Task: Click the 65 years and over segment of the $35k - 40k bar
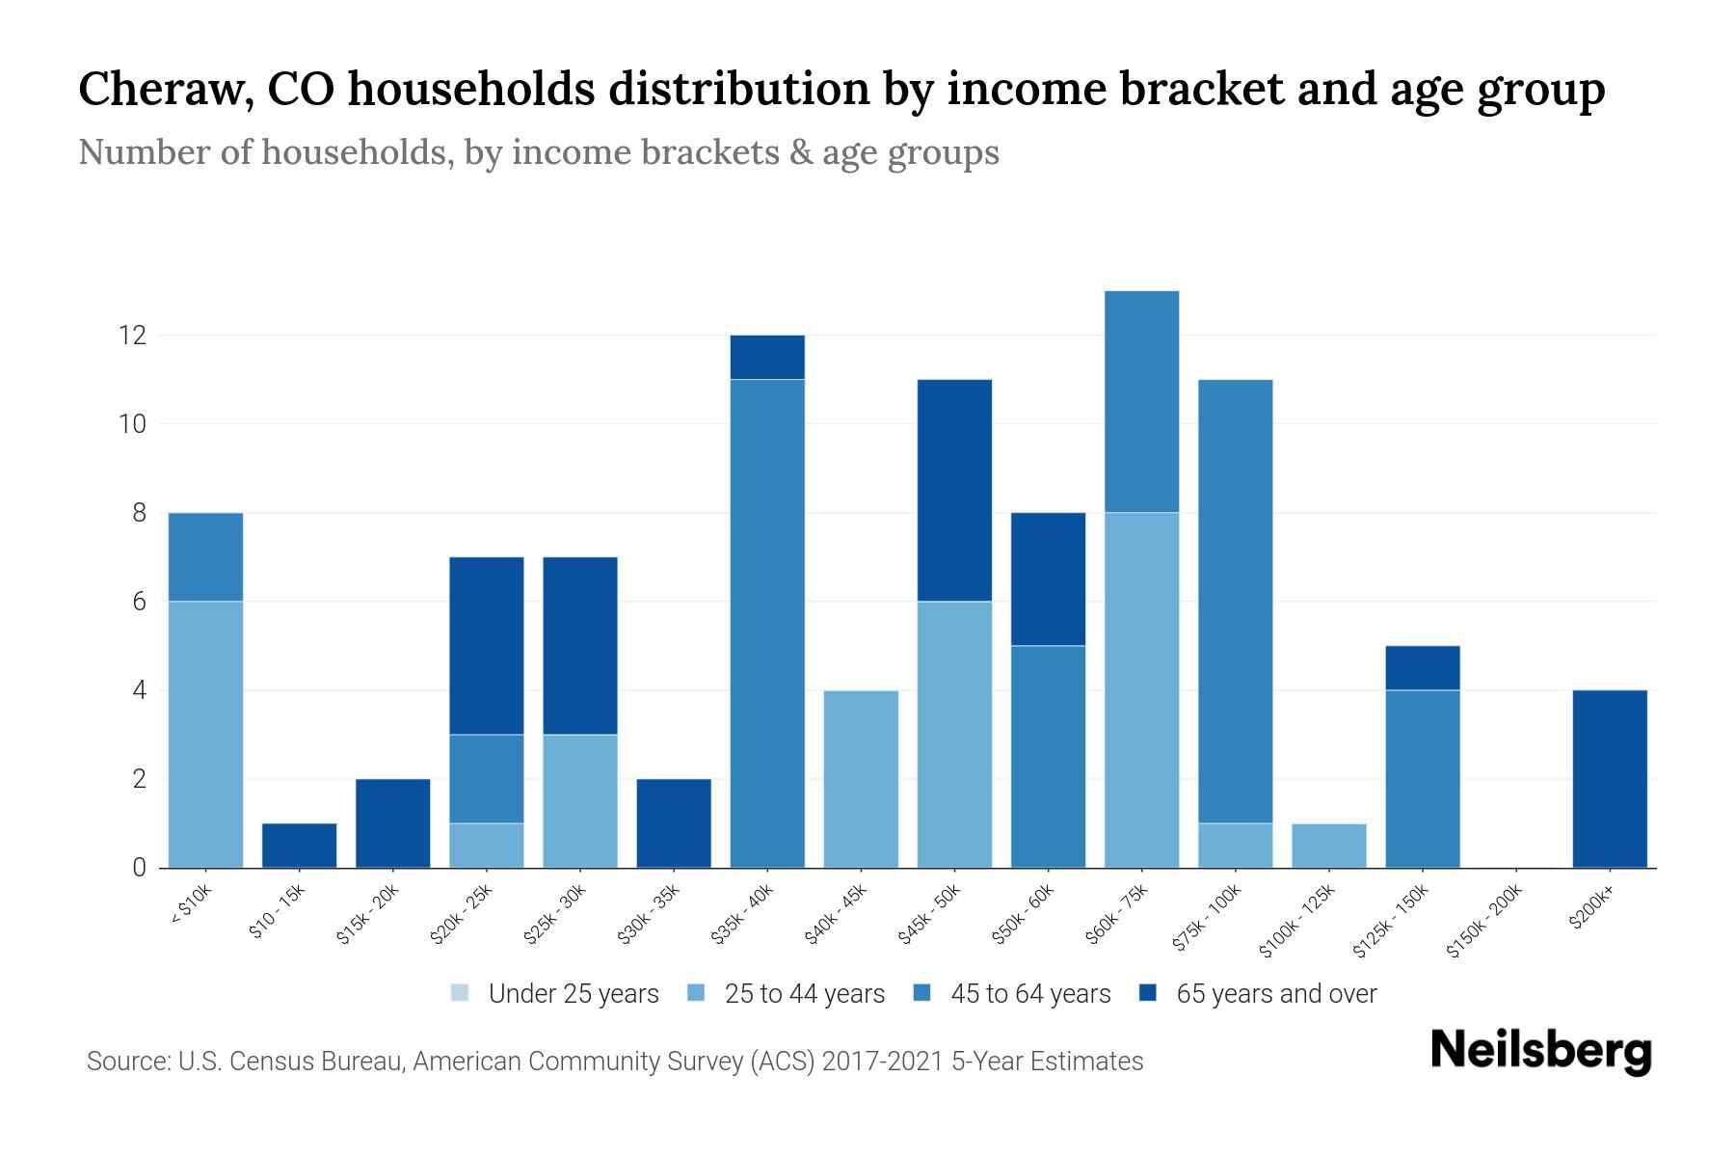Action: click(767, 357)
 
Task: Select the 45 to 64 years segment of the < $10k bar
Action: click(205, 556)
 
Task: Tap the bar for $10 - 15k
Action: click(299, 846)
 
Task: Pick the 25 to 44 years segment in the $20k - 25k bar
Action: click(487, 846)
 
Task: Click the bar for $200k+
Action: click(1610, 779)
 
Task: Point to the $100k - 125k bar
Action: click(1328, 846)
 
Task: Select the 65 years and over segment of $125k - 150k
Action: click(1422, 667)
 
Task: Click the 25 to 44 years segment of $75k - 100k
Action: click(1235, 846)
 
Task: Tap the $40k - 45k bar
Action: click(861, 779)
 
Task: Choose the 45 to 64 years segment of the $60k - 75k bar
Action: click(1141, 401)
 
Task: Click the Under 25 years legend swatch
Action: click(461, 993)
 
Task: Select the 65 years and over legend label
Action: click(1276, 993)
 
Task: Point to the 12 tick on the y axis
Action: click(132, 336)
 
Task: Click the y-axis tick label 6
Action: click(140, 602)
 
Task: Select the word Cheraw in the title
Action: click(158, 89)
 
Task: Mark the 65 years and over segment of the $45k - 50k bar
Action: click(954, 490)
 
